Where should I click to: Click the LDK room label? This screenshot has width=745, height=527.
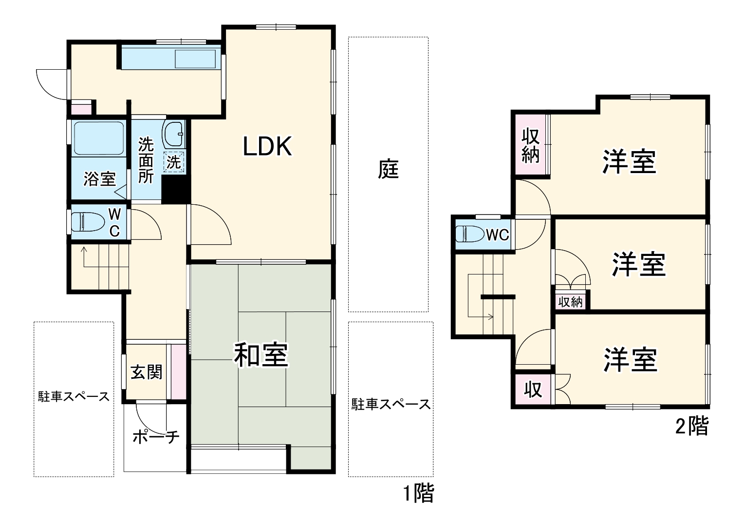(x=267, y=146)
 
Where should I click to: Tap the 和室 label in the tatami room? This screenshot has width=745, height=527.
(x=261, y=355)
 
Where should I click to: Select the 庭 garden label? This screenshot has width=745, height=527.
(x=389, y=169)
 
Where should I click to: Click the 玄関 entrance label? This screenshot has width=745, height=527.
(x=146, y=372)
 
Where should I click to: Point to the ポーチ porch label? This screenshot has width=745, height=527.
(x=156, y=436)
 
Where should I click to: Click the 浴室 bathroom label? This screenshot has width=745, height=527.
(x=99, y=179)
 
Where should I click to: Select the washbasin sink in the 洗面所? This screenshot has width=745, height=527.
(x=174, y=134)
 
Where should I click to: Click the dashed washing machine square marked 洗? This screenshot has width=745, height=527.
(x=174, y=162)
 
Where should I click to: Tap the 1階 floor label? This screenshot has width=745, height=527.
(x=418, y=494)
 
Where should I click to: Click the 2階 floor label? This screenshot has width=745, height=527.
(x=691, y=427)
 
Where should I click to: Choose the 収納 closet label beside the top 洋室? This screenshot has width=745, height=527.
(x=531, y=145)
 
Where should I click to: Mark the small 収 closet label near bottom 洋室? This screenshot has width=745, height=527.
(x=533, y=390)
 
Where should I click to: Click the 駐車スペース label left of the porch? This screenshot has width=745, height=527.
(x=74, y=396)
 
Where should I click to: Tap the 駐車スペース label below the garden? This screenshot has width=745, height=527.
(x=391, y=404)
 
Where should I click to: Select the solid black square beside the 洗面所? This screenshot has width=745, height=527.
(x=175, y=189)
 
